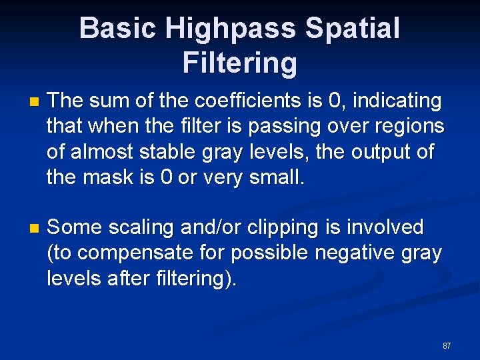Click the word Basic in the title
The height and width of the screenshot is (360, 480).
117,29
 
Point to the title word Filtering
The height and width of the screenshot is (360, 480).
239,63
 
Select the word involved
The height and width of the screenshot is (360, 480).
387,227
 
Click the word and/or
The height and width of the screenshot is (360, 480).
213,228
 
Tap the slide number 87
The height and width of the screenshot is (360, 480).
447,346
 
